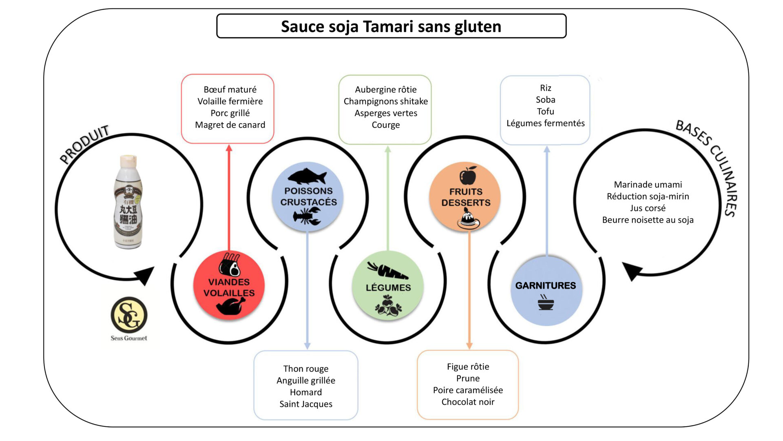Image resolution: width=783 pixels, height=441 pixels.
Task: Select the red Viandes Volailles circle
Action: tap(229, 286)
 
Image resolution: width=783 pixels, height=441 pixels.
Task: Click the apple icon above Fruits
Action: tap(468, 176)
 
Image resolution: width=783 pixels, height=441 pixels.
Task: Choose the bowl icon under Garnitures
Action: tap(546, 303)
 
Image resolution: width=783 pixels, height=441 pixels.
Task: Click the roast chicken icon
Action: tap(230, 306)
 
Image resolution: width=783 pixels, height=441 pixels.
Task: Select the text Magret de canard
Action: tap(230, 125)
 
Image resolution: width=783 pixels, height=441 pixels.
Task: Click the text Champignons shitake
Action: tap(385, 101)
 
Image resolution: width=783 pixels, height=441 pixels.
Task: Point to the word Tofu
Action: tap(545, 111)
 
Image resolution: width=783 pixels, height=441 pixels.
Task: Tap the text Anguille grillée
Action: tap(306, 381)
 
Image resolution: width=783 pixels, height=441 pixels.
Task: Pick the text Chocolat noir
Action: tap(468, 402)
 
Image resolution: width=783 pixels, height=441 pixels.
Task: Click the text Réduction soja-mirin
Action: tap(648, 196)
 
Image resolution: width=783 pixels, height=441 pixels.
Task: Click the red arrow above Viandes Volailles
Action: tap(229, 196)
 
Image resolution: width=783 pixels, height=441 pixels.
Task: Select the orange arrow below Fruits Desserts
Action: tap(469, 290)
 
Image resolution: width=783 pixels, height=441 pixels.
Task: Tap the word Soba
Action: tap(545, 100)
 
